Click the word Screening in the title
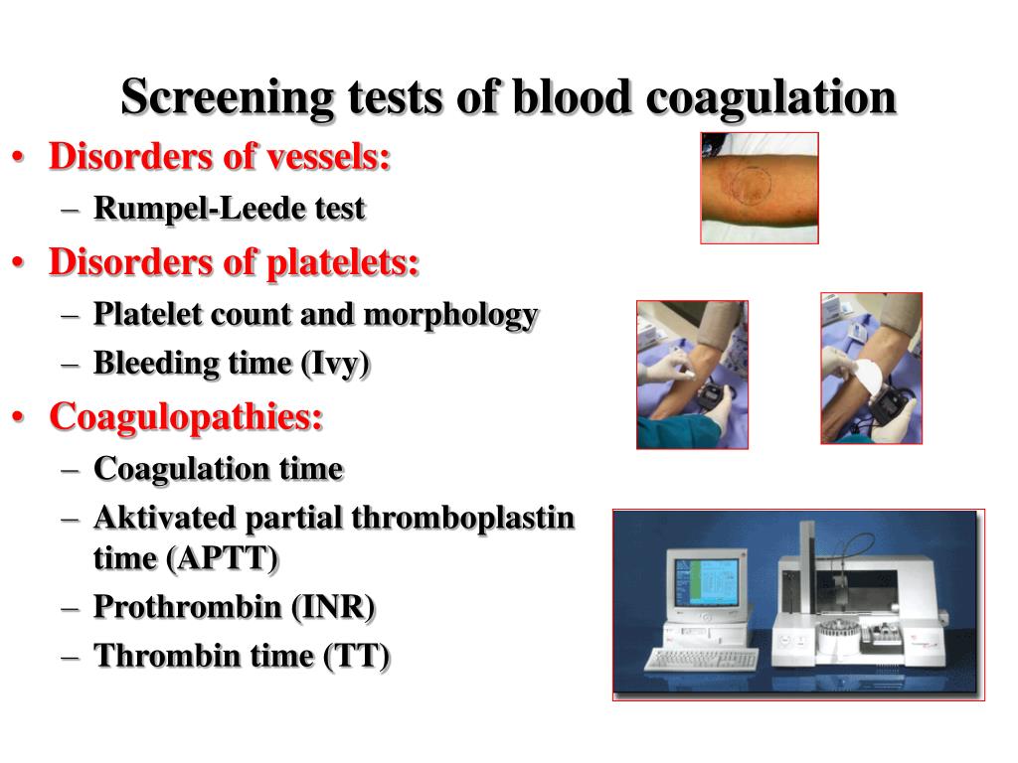pos(228,98)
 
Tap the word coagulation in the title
pos(770,98)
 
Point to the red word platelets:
pos(343,262)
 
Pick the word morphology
pos(450,315)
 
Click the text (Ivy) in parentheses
pos(335,364)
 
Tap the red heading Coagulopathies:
pos(186,417)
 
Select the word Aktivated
pos(164,518)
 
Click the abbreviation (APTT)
pos(222,558)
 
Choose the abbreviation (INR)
pos(332,607)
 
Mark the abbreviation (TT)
pos(357,656)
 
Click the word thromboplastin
pos(463,519)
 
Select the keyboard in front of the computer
pos(701,660)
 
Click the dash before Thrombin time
pos(71,657)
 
